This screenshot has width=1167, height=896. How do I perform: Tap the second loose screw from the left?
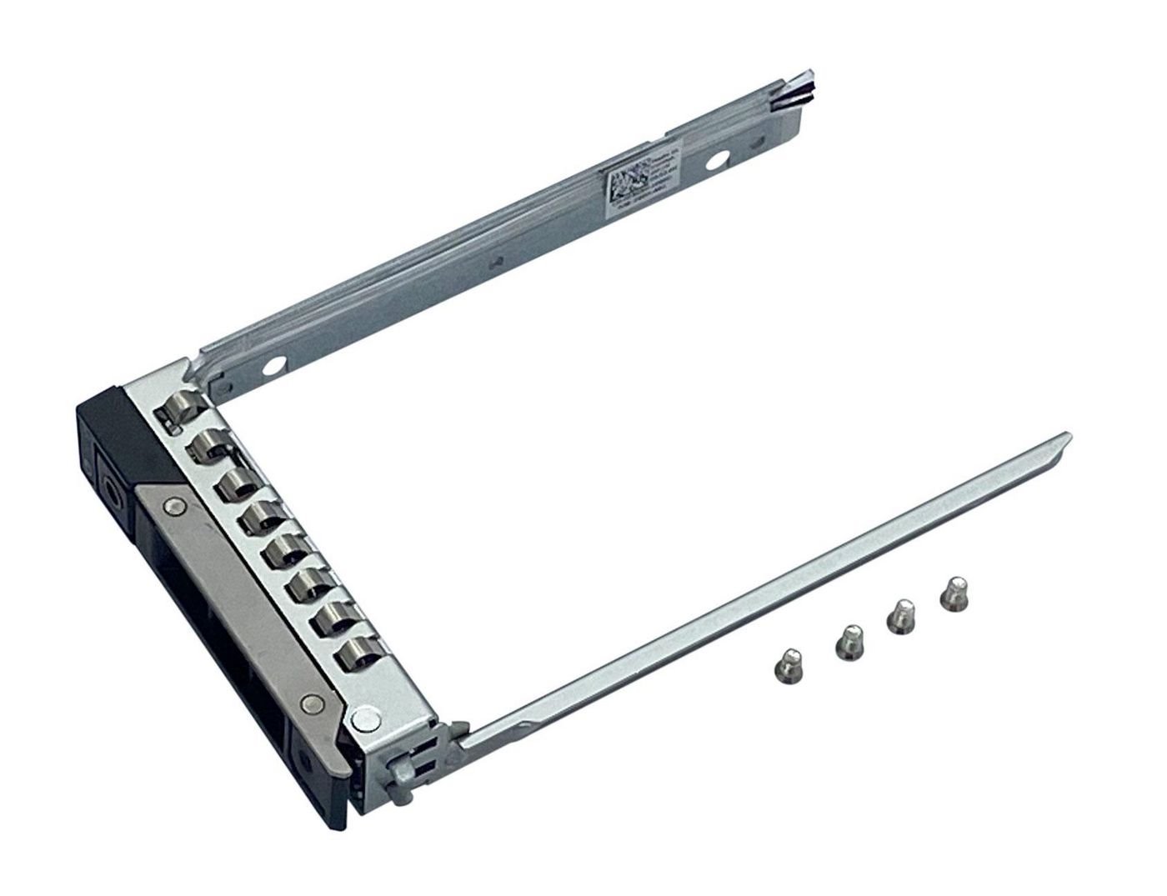[846, 641]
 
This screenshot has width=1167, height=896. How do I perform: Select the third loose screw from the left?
[901, 616]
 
